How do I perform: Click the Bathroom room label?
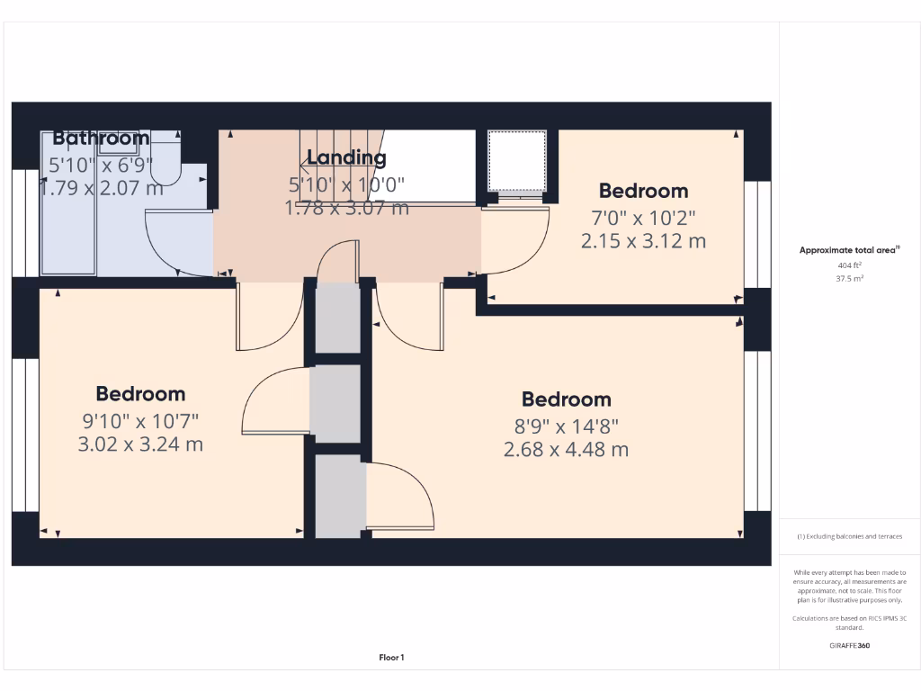pyautogui.click(x=101, y=139)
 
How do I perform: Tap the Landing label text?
pyautogui.click(x=346, y=158)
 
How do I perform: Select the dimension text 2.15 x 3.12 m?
pyautogui.click(x=643, y=241)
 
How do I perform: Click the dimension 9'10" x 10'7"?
pyautogui.click(x=140, y=420)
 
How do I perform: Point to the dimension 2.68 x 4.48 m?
pyautogui.click(x=566, y=449)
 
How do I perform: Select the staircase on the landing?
pyautogui.click(x=342, y=166)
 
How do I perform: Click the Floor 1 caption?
pyautogui.click(x=391, y=658)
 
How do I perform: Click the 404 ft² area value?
pyautogui.click(x=850, y=265)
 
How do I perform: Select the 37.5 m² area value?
pyautogui.click(x=850, y=278)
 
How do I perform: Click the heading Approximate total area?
pyautogui.click(x=849, y=250)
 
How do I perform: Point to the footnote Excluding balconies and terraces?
pyautogui.click(x=850, y=536)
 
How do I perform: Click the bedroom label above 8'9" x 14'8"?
pyautogui.click(x=566, y=399)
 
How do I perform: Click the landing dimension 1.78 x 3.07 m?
pyautogui.click(x=346, y=208)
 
